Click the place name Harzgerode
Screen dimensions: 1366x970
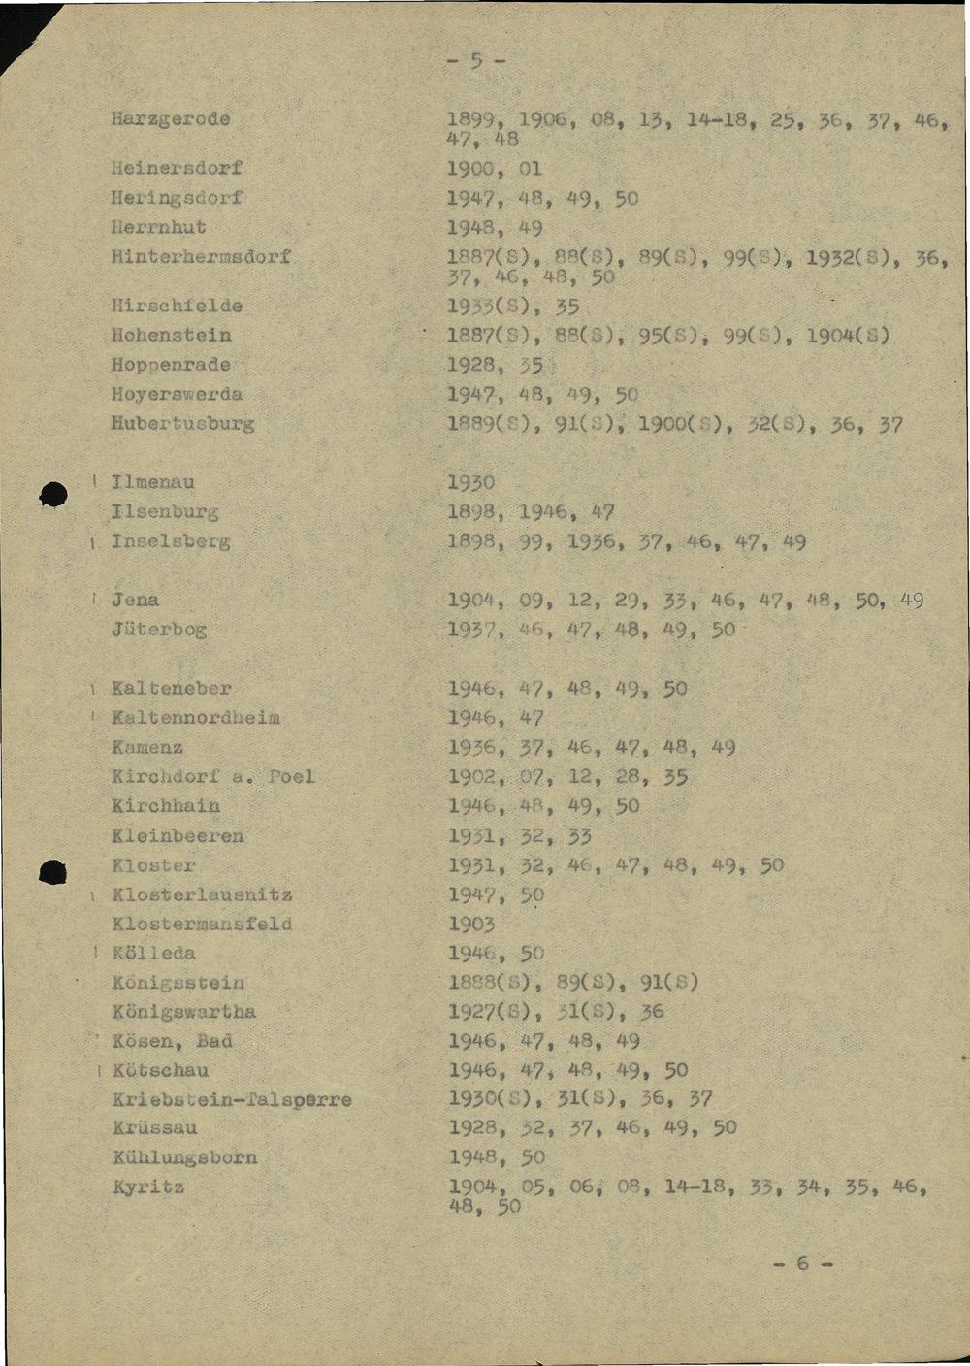(x=171, y=119)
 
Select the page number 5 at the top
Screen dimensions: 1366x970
(x=476, y=62)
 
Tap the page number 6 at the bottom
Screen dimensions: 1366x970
(x=802, y=1263)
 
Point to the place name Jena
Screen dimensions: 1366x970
(x=135, y=600)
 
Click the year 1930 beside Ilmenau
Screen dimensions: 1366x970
(x=470, y=482)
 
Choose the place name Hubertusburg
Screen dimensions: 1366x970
(x=183, y=423)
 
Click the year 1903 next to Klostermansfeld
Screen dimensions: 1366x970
(x=470, y=924)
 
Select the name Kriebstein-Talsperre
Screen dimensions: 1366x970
(x=232, y=1100)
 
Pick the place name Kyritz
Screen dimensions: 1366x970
(x=148, y=1187)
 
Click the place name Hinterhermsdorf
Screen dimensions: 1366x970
(x=202, y=257)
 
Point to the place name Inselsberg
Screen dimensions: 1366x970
(x=171, y=540)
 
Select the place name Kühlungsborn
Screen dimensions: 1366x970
(x=185, y=1157)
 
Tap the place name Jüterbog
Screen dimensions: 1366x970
(x=159, y=629)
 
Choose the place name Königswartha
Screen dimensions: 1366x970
(x=184, y=1012)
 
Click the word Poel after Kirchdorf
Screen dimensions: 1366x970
(x=292, y=776)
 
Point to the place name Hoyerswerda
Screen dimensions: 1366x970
(x=178, y=394)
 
